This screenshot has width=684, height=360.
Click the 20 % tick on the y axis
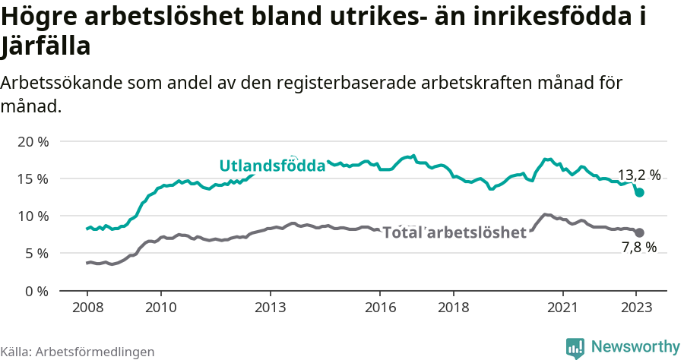[32, 142]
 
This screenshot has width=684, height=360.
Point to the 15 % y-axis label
[32, 179]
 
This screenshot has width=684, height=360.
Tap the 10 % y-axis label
[32, 216]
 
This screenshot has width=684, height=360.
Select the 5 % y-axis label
[35, 254]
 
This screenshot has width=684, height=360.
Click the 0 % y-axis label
[35, 291]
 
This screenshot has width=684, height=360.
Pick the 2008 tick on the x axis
[87, 308]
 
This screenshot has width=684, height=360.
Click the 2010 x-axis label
[160, 308]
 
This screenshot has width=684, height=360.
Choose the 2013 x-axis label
[270, 308]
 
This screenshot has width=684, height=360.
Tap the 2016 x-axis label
[380, 308]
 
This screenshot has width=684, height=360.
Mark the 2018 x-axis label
[453, 308]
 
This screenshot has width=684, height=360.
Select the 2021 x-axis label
[563, 308]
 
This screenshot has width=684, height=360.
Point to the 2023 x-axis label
[636, 308]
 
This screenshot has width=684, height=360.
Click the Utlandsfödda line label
[272, 166]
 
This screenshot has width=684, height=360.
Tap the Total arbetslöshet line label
[454, 232]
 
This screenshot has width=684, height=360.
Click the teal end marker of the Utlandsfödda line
[640, 193]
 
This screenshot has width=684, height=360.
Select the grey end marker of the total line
[640, 232]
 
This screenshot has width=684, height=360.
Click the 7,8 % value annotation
[638, 248]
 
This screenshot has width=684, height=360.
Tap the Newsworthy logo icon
[575, 348]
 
